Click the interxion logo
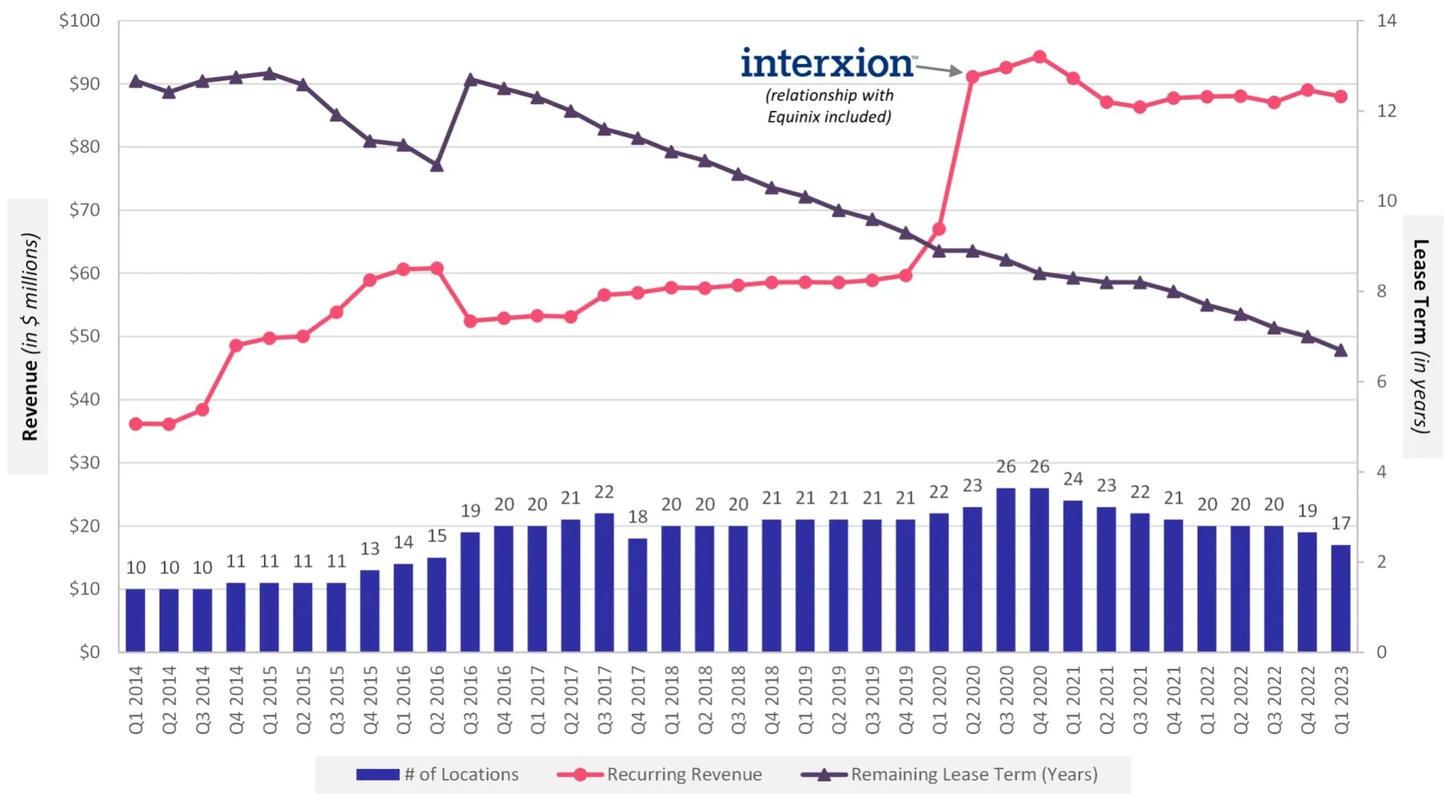click(x=826, y=64)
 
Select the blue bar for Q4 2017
click(x=637, y=594)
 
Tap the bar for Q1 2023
click(x=1341, y=598)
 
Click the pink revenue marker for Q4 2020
click(x=1039, y=57)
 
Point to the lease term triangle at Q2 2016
click(x=436, y=166)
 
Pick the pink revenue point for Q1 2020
click(x=939, y=229)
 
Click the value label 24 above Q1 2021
click(x=1073, y=479)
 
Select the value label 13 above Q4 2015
click(x=370, y=549)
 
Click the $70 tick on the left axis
click(x=84, y=210)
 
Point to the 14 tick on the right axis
click(x=1386, y=20)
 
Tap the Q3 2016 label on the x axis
click(x=471, y=700)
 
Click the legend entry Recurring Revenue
click(x=684, y=774)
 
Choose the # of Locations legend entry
click(x=461, y=774)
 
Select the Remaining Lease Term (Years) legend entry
click(x=973, y=774)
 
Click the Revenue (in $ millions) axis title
click(x=29, y=336)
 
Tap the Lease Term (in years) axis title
click(x=1421, y=336)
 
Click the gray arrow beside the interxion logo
click(x=940, y=70)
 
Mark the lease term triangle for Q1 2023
click(x=1341, y=350)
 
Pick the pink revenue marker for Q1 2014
click(x=136, y=424)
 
